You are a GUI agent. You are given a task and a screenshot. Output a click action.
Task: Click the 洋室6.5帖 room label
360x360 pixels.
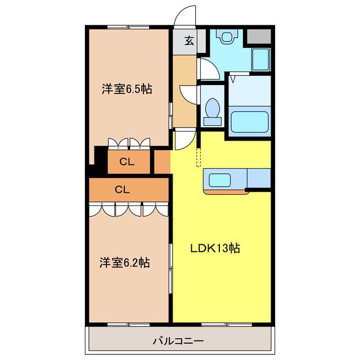click(127, 89)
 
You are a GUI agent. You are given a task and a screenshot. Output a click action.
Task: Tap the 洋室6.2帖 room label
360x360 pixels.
click(125, 263)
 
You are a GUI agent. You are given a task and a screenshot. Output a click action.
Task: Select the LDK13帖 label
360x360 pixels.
click(215, 248)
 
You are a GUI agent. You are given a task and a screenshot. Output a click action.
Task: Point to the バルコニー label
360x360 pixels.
click(178, 341)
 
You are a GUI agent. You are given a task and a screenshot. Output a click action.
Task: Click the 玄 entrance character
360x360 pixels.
click(189, 41)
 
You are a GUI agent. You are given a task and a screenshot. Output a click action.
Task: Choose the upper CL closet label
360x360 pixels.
click(127, 162)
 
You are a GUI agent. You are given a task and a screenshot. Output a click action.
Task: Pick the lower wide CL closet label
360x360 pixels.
click(123, 190)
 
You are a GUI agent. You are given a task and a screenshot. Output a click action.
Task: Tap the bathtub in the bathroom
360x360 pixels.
click(249, 121)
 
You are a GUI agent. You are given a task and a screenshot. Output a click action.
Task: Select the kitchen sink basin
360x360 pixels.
click(219, 180)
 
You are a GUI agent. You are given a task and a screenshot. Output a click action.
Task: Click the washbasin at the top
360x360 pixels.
click(227, 36)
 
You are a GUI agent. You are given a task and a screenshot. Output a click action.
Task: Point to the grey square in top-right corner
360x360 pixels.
click(259, 36)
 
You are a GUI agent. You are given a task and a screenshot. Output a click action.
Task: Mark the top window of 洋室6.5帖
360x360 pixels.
click(128, 28)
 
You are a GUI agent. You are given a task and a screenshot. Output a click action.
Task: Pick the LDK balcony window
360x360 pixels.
click(227, 325)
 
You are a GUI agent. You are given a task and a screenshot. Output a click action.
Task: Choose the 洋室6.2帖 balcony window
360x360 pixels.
click(129, 325)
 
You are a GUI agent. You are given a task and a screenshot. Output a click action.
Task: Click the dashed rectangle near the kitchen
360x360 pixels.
click(199, 157)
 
